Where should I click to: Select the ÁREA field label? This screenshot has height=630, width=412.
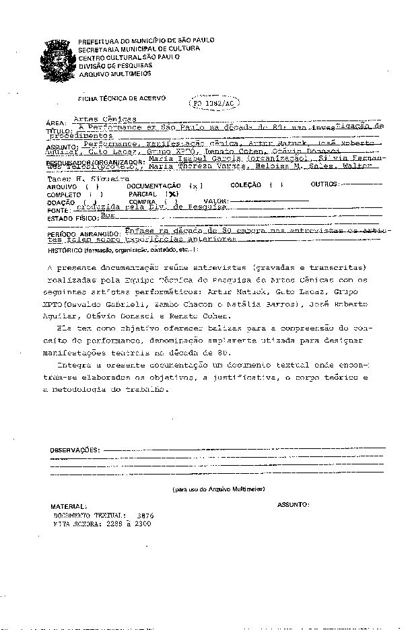pos(53,123)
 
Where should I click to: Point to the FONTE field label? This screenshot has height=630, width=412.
pos(57,210)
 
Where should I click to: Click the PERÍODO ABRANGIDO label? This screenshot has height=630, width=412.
pos(85,234)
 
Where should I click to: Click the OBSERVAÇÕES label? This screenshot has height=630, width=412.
pos(75,450)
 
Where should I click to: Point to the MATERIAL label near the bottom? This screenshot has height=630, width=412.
pos(68,505)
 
